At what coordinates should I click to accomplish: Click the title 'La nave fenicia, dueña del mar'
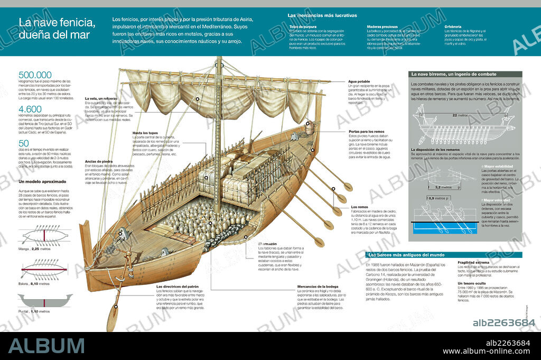point(57,29)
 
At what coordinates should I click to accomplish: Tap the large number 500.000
point(35,75)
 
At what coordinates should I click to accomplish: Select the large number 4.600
point(30,109)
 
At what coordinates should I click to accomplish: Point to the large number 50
point(24,143)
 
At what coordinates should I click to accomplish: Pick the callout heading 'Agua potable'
point(359,81)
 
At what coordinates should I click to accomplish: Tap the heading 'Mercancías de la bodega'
point(318,286)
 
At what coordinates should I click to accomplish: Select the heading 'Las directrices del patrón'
point(178,286)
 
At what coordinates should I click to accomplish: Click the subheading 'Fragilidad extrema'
point(473,262)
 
